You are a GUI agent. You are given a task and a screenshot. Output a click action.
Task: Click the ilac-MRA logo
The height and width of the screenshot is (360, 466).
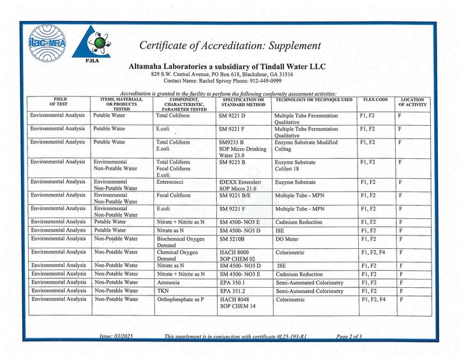47,44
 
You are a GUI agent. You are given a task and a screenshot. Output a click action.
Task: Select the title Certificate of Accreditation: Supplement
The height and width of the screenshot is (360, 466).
230,45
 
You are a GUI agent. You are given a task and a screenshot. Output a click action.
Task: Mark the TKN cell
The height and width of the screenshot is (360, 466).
162,290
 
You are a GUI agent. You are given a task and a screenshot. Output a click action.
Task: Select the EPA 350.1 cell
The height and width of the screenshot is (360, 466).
232,281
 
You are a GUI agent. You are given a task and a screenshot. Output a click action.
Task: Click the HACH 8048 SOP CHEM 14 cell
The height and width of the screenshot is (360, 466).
238,303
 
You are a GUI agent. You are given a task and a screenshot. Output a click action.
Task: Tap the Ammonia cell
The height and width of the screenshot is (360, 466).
167,281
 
